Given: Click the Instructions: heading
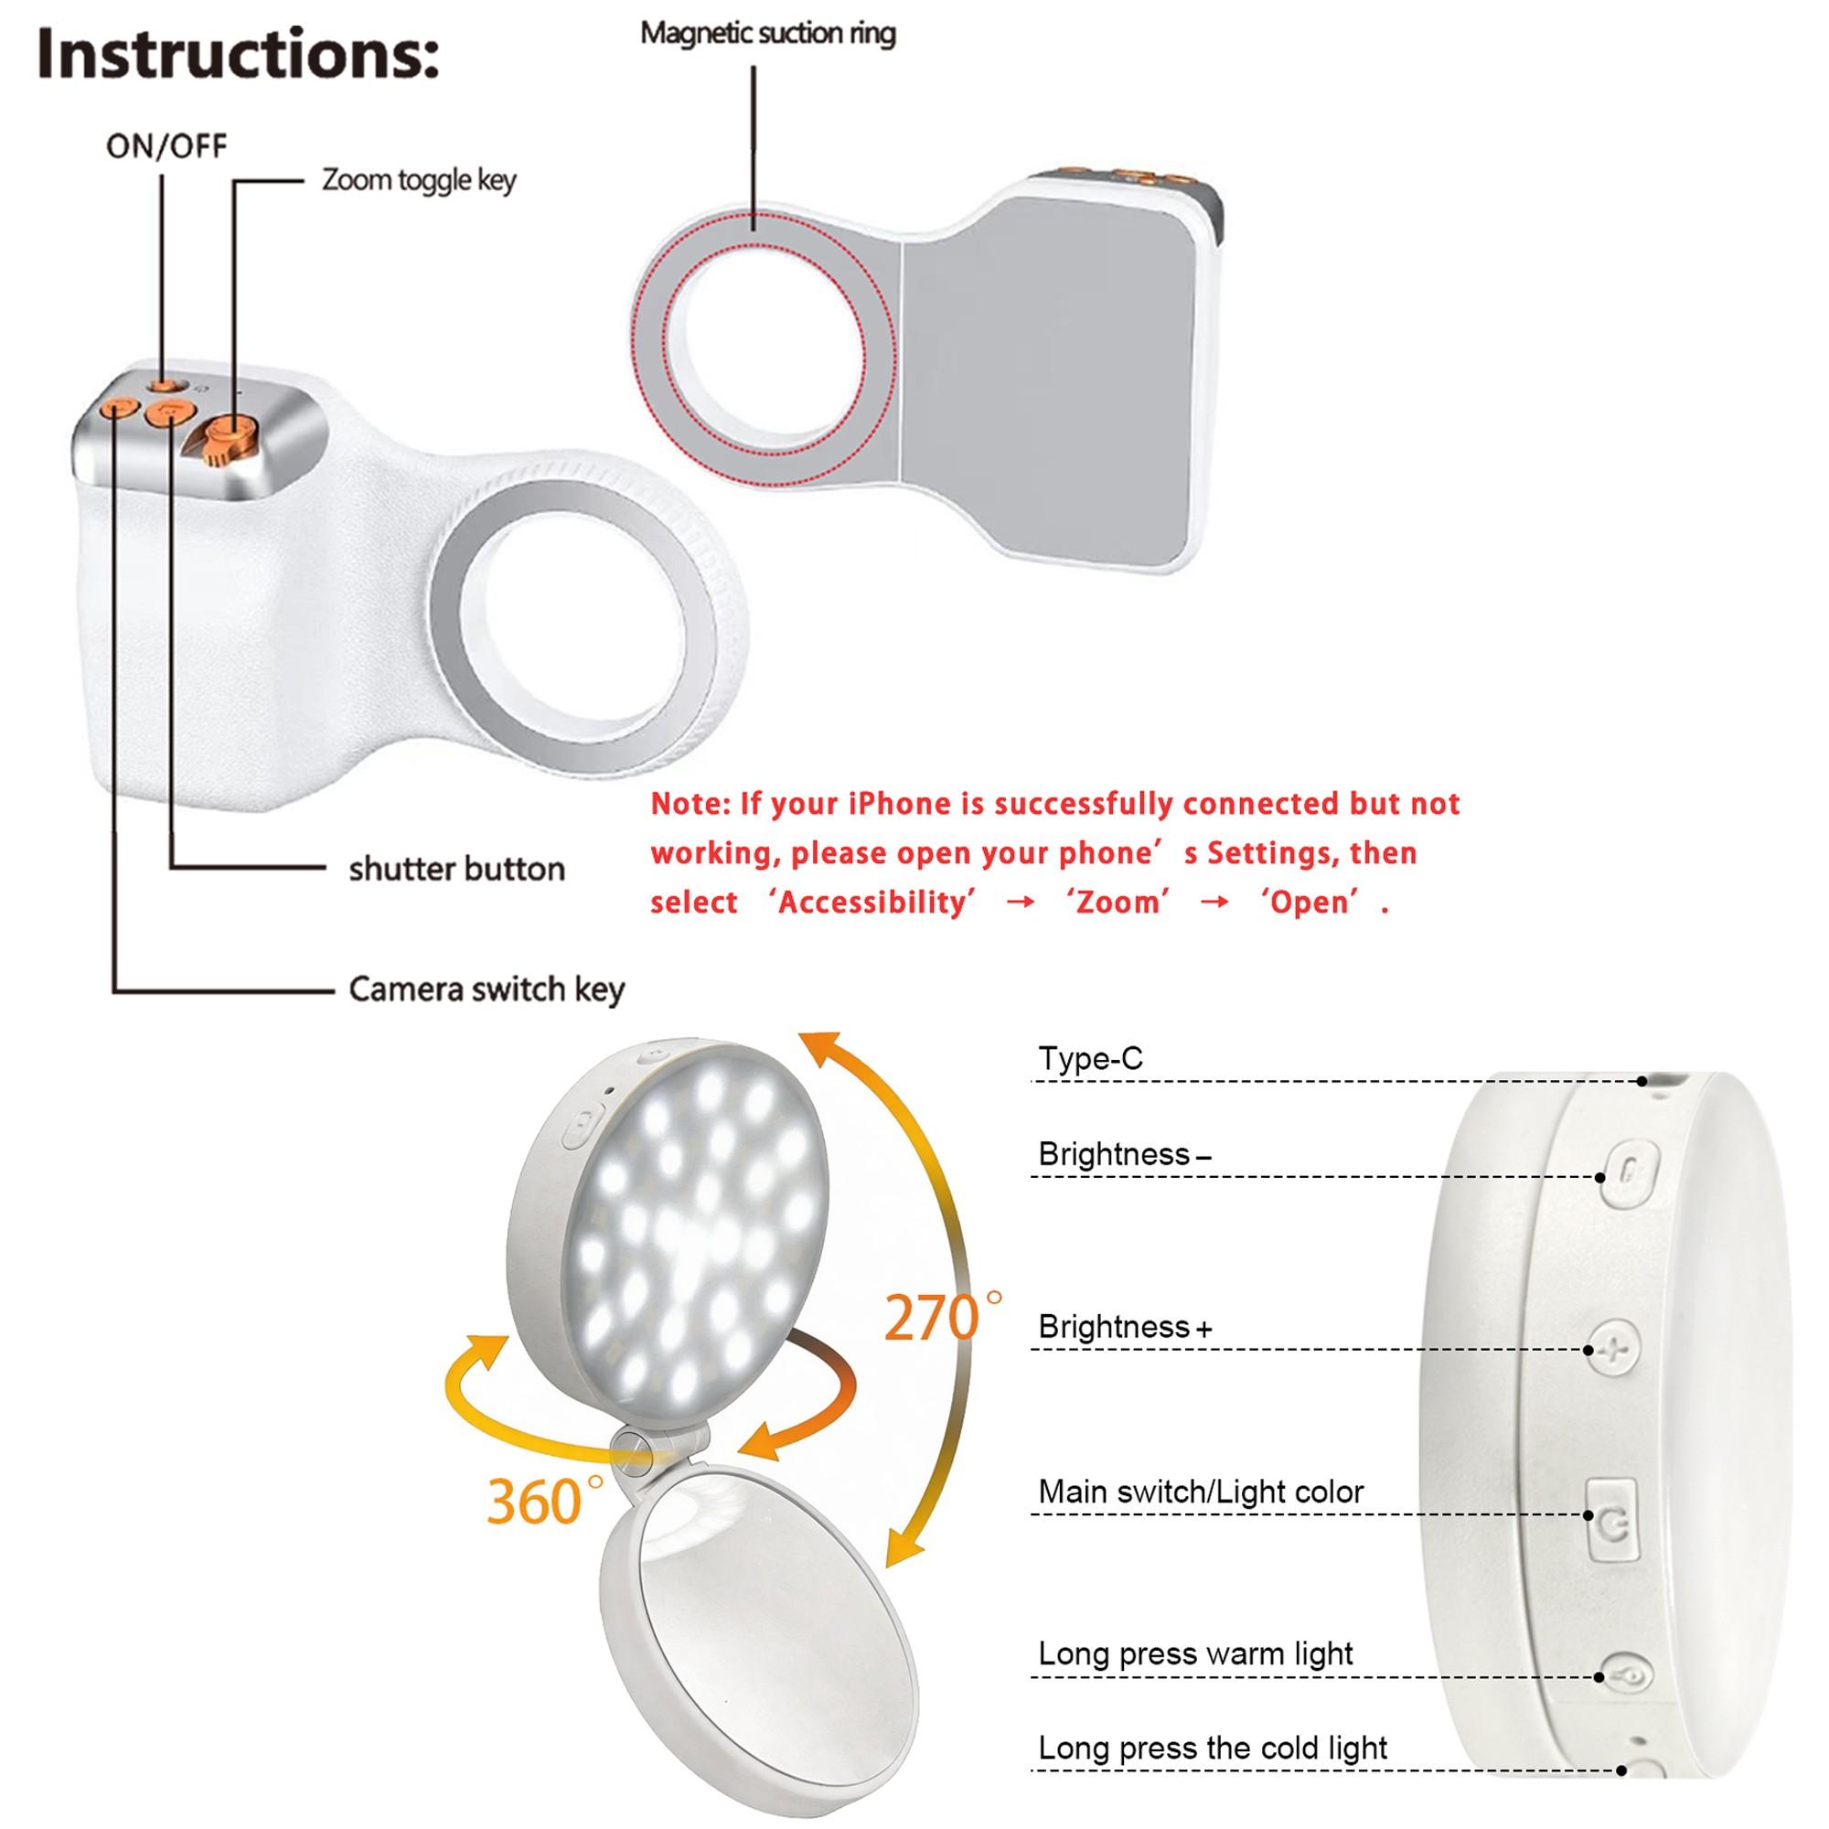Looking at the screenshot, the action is pyautogui.click(x=240, y=56).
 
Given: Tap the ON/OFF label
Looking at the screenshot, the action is pyautogui.click(x=166, y=146).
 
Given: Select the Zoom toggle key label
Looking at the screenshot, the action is pyautogui.click(x=420, y=180).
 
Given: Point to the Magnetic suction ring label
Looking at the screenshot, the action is pyautogui.click(x=768, y=33).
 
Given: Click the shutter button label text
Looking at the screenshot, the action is pyautogui.click(x=456, y=868).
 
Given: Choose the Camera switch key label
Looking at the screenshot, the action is pyautogui.click(x=487, y=989).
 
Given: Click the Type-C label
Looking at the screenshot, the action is pyautogui.click(x=1091, y=1058).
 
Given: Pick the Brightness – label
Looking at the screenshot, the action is pyautogui.click(x=1125, y=1154).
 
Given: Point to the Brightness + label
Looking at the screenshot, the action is pyautogui.click(x=1125, y=1326).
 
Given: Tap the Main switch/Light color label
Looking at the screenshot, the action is pyautogui.click(x=1201, y=1492).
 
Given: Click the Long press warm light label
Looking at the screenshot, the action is pyautogui.click(x=1195, y=1653).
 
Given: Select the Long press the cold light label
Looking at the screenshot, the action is pyautogui.click(x=1213, y=1748).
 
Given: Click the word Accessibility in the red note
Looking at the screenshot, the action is pyautogui.click(x=875, y=903).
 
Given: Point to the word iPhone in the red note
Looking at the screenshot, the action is pyautogui.click(x=899, y=804).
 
